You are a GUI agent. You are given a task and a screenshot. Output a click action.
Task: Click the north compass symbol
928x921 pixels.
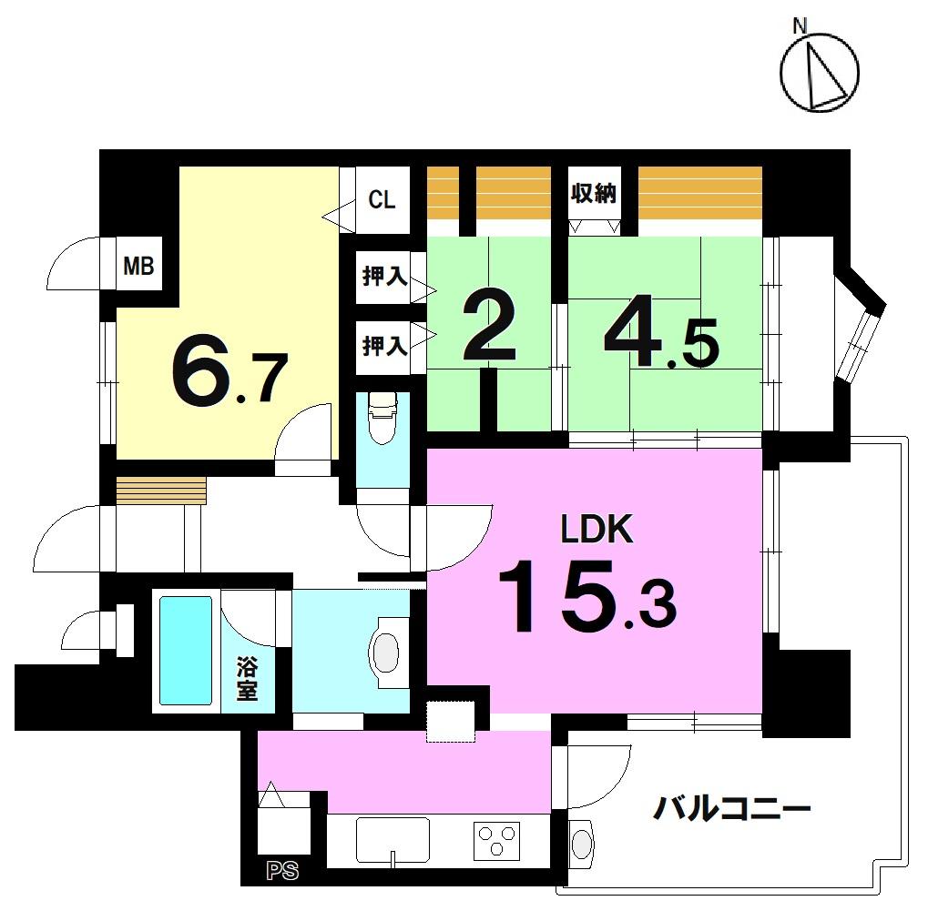(x=819, y=72)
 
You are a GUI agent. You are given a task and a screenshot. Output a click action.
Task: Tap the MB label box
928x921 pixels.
(x=139, y=266)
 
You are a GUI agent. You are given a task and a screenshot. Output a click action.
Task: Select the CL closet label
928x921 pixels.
(x=382, y=199)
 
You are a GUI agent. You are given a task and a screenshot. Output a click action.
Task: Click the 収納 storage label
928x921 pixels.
(x=594, y=193)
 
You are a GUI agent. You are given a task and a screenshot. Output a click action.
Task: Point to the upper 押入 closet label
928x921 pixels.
(x=384, y=276)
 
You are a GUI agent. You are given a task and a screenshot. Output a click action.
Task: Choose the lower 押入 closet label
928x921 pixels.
(x=384, y=346)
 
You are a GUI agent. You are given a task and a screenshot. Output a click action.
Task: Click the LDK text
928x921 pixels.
(x=597, y=529)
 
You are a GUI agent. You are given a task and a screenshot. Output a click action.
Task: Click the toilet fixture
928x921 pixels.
(x=383, y=419)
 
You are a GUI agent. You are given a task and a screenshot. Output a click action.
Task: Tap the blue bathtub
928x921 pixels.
(x=186, y=651)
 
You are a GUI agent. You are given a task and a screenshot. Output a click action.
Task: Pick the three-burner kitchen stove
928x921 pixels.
(x=496, y=841)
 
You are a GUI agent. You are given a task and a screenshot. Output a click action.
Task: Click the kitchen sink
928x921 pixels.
(x=393, y=841)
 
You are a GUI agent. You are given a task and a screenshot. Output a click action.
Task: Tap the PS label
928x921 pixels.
(x=282, y=871)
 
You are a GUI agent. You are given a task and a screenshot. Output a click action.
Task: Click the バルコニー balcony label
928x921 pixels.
(x=731, y=809)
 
